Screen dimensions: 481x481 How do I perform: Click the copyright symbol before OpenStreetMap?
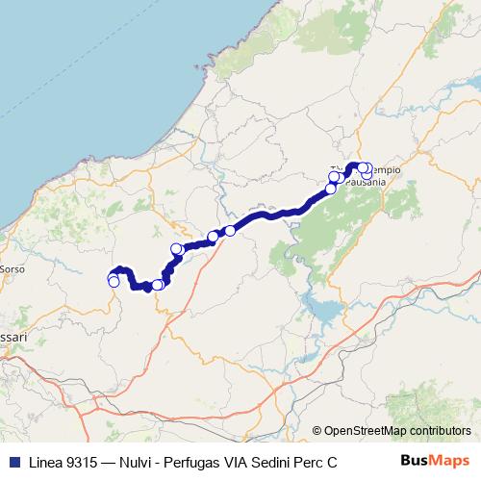click(317, 431)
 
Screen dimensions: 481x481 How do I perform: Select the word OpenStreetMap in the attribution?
click(365, 431)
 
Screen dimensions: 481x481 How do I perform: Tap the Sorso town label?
click(12, 269)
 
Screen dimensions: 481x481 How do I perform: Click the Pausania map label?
click(365, 180)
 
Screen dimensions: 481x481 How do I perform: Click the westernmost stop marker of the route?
click(113, 279)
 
